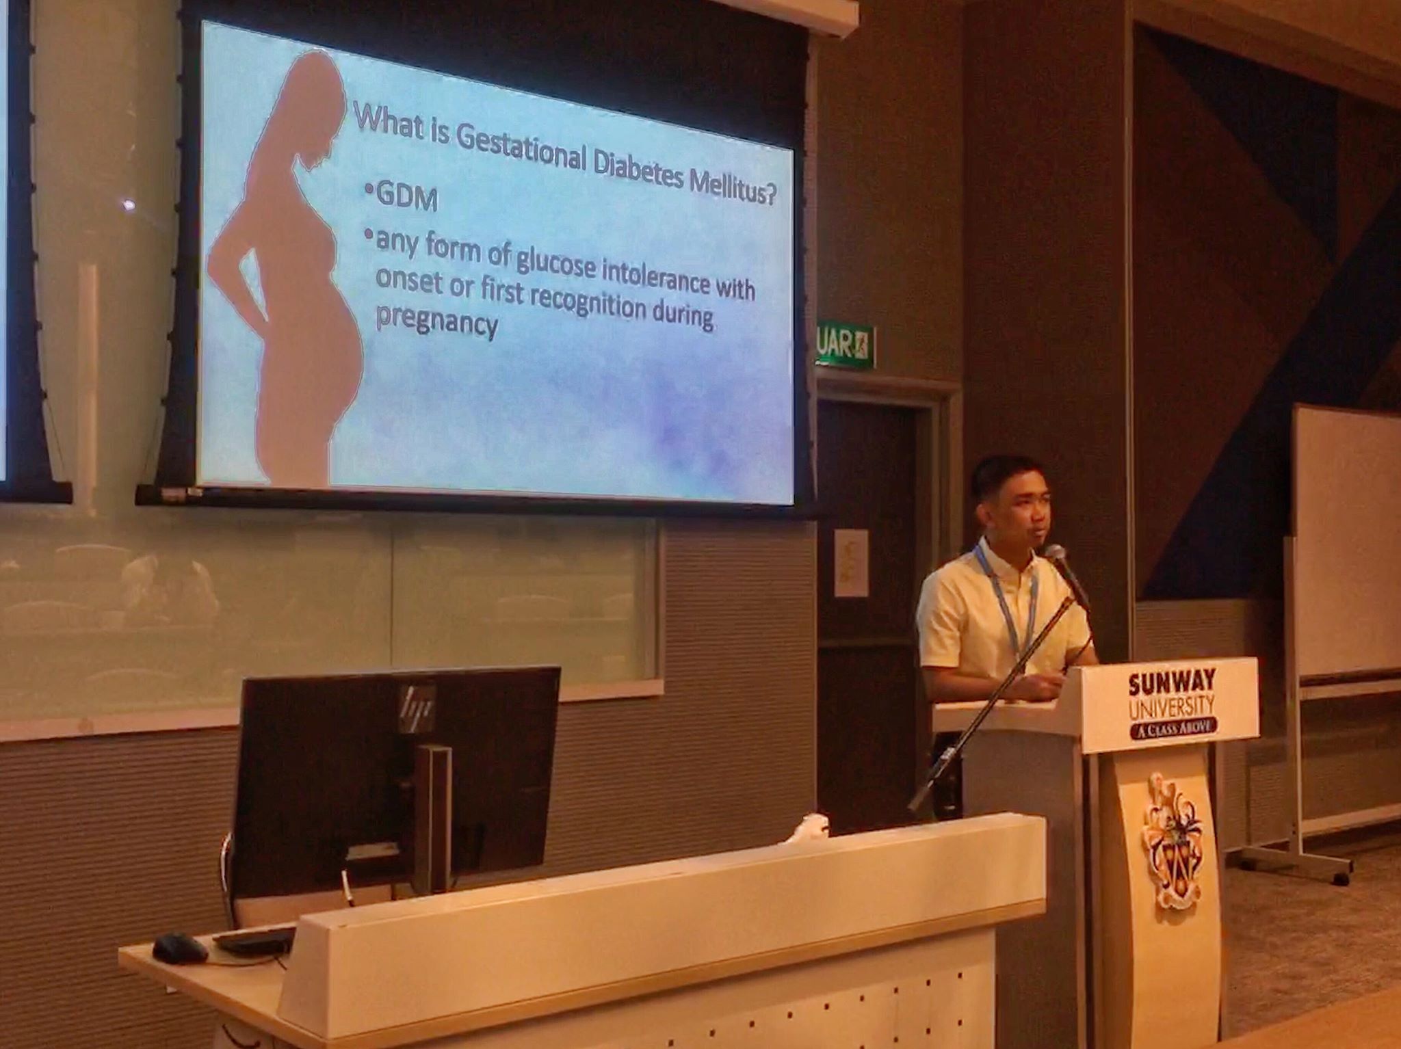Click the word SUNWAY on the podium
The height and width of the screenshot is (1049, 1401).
(x=1172, y=682)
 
